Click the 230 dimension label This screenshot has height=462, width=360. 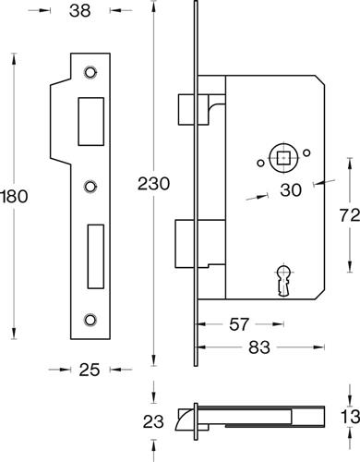pyautogui.click(x=153, y=184)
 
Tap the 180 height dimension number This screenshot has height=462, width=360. pyautogui.click(x=14, y=197)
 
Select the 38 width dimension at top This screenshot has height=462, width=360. pyautogui.click(x=80, y=11)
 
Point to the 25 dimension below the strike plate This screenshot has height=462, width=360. pyautogui.click(x=90, y=370)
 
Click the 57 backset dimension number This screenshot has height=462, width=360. pyautogui.click(x=239, y=324)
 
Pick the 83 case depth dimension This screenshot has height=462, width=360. pyautogui.click(x=259, y=347)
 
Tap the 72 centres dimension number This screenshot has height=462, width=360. pyautogui.click(x=350, y=215)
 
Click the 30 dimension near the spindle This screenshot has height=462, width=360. pyautogui.click(x=291, y=190)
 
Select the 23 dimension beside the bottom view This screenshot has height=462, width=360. pyautogui.click(x=153, y=421)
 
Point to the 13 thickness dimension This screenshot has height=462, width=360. pyautogui.click(x=350, y=417)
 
